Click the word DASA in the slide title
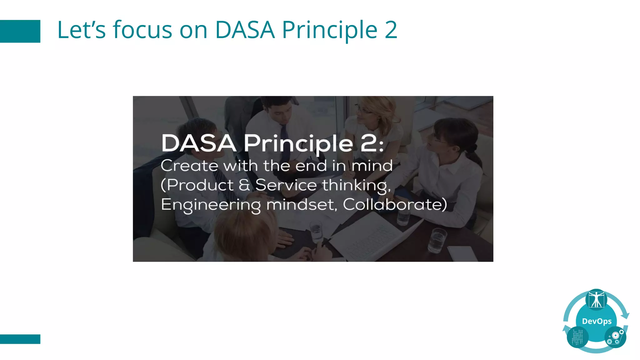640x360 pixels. pyautogui.click(x=245, y=30)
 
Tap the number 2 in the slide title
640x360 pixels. pyautogui.click(x=391, y=30)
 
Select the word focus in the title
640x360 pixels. pyautogui.click(x=142, y=30)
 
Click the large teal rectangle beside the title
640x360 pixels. pyautogui.click(x=20, y=31)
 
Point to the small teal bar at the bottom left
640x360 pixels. pyautogui.click(x=20, y=339)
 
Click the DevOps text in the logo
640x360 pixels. pyautogui.click(x=597, y=321)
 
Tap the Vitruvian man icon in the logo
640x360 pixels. pyautogui.click(x=596, y=299)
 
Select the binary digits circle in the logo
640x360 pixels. pyautogui.click(x=577, y=337)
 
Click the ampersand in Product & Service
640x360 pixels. pyautogui.click(x=244, y=185)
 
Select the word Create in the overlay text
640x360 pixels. pyautogui.click(x=189, y=166)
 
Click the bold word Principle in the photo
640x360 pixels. pyautogui.click(x=298, y=144)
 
